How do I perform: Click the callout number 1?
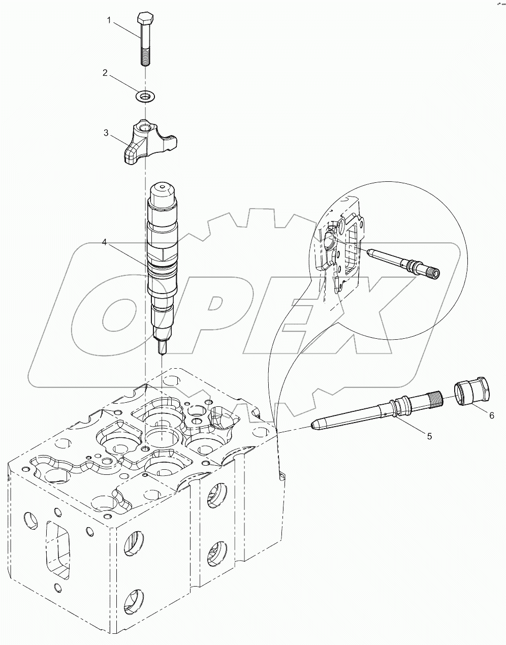click(108, 20)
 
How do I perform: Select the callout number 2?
click(105, 73)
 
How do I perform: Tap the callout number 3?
click(106, 133)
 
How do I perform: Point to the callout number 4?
click(104, 243)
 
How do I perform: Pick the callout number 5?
click(429, 436)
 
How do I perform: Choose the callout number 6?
click(491, 415)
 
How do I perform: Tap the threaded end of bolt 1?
click(144, 57)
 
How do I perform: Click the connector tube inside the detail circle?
click(401, 261)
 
